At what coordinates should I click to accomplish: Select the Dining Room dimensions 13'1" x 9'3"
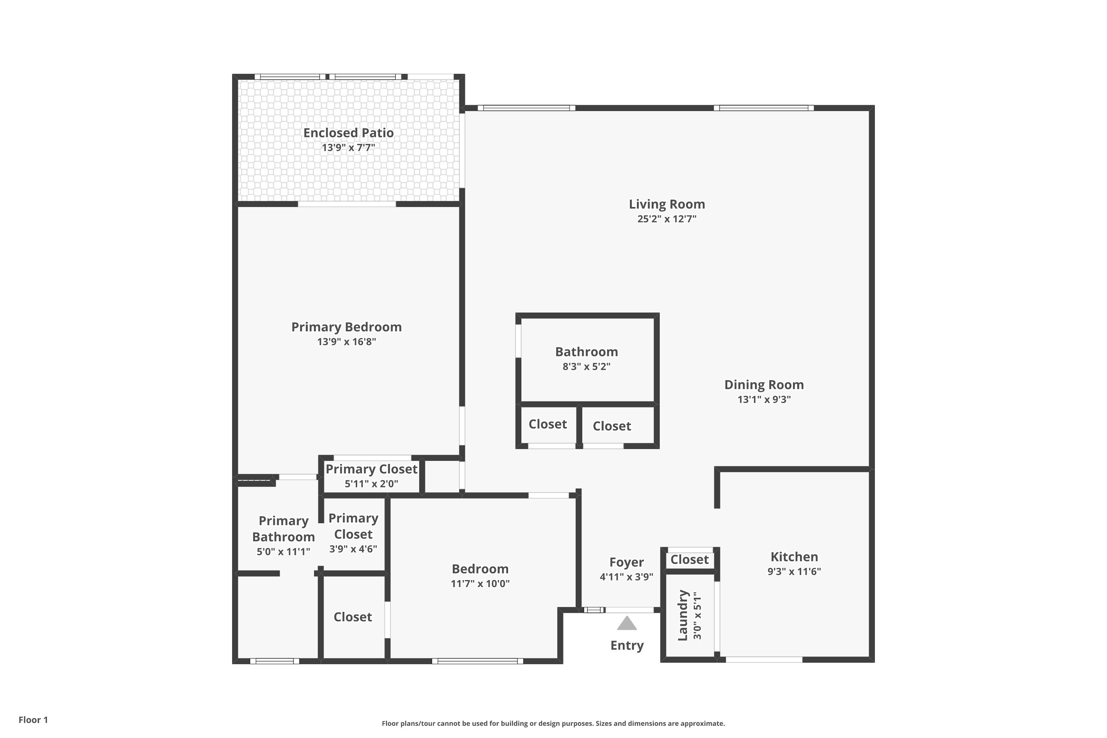(764, 400)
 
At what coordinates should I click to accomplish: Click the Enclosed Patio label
(348, 133)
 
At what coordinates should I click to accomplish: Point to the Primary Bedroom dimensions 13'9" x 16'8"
(346, 342)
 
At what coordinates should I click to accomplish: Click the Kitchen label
(794, 557)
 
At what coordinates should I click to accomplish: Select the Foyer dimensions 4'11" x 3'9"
(627, 576)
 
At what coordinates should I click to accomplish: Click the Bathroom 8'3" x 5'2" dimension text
(586, 367)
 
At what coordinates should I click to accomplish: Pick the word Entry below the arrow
(627, 645)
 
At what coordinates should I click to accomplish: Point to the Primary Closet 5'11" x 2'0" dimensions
(371, 483)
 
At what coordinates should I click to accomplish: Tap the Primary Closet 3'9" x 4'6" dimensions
(353, 549)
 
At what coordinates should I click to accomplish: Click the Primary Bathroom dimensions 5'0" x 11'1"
(283, 552)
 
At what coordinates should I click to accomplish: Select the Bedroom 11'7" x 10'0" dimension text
(480, 584)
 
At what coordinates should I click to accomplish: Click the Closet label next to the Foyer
(690, 560)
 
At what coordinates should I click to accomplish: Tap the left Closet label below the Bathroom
(547, 424)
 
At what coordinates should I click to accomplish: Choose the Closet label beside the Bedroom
(352, 617)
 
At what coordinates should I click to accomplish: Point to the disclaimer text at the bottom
(553, 723)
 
